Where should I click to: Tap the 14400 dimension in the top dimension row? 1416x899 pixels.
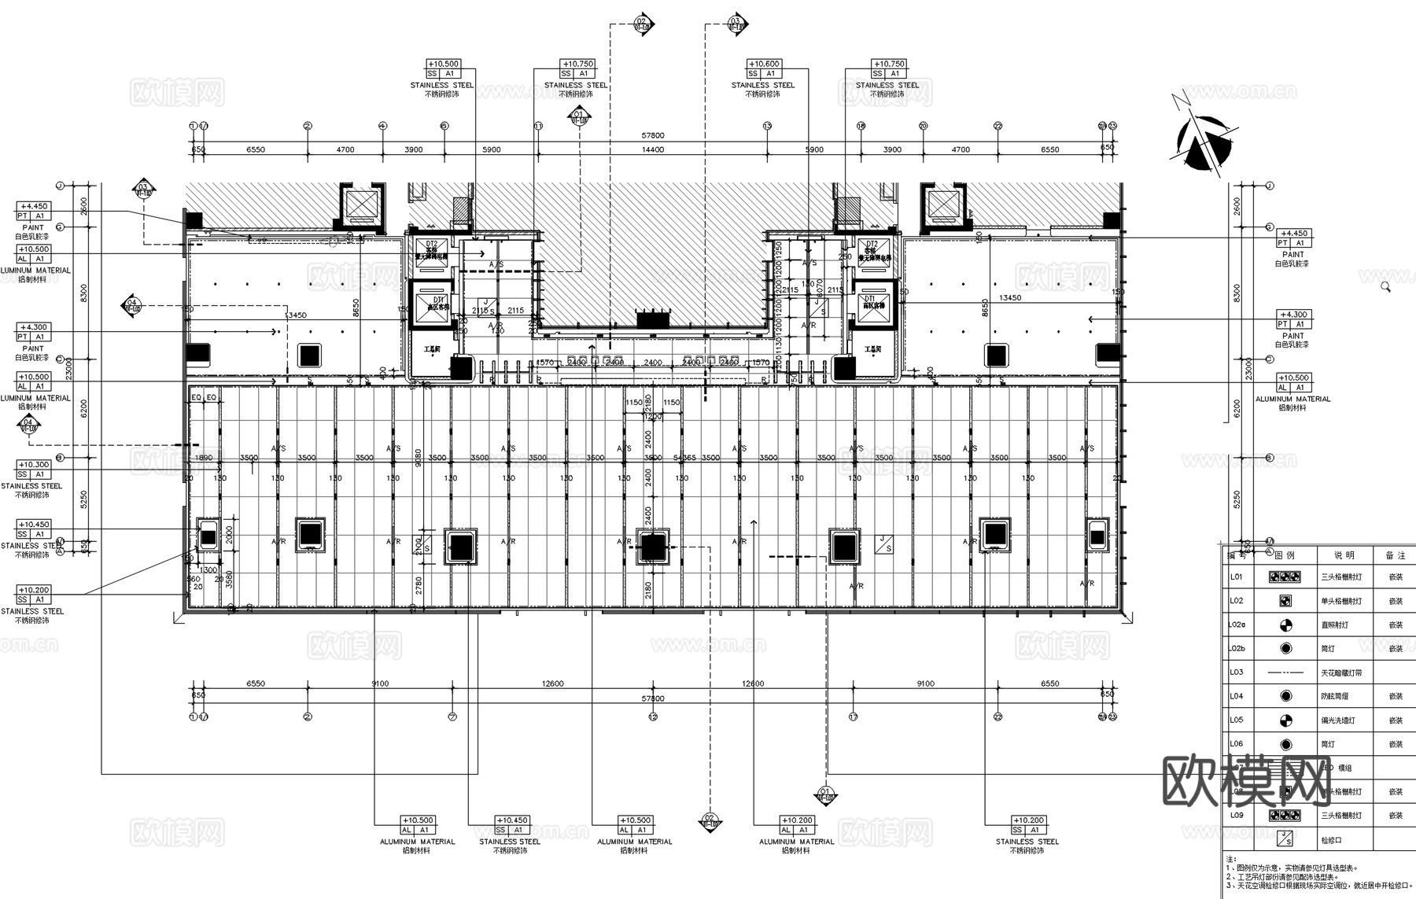[x=652, y=149]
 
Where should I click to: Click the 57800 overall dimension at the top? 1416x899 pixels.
[x=652, y=135]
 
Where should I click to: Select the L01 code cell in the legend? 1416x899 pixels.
[x=1236, y=577]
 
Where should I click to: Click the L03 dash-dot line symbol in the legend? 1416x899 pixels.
[x=1285, y=672]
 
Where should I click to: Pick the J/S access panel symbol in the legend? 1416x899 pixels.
[x=1285, y=839]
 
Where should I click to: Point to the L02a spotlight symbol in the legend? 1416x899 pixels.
[x=1285, y=625]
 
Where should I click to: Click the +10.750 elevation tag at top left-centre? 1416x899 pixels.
[x=577, y=64]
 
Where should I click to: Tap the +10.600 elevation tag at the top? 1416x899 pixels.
[x=763, y=64]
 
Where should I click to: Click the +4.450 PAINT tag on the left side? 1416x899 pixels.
[x=33, y=207]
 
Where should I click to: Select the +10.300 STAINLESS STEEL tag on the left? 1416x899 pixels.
[x=33, y=465]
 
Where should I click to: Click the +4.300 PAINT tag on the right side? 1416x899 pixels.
[x=1292, y=315]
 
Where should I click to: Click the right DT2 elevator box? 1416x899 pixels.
[x=872, y=251]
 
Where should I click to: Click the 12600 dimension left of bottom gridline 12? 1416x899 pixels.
[x=553, y=683]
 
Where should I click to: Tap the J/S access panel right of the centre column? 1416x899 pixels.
[x=884, y=543]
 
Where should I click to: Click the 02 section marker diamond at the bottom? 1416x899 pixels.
[x=710, y=821]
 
